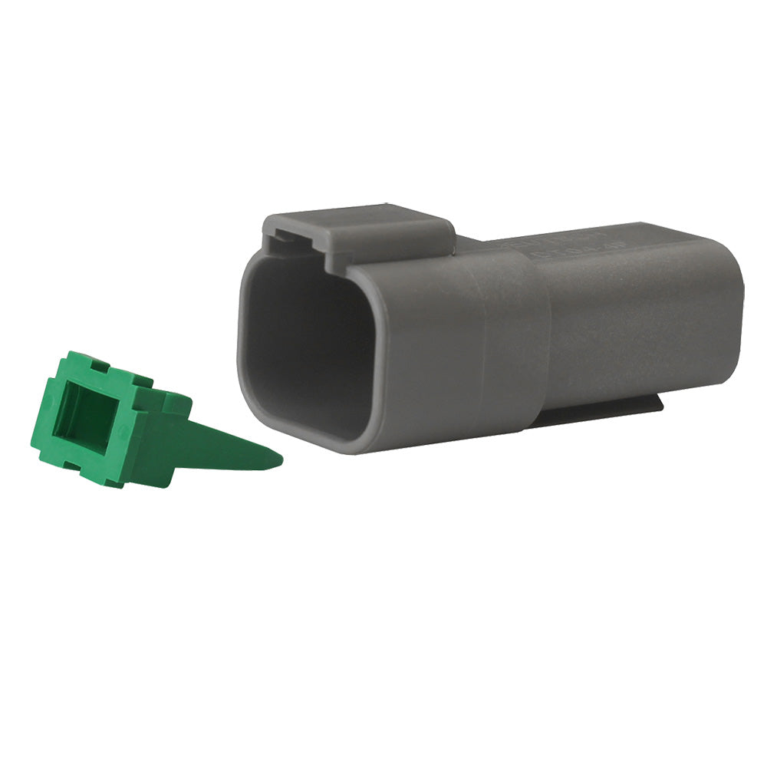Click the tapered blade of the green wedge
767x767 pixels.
[222, 452]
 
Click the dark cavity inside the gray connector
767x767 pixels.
[303, 345]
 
